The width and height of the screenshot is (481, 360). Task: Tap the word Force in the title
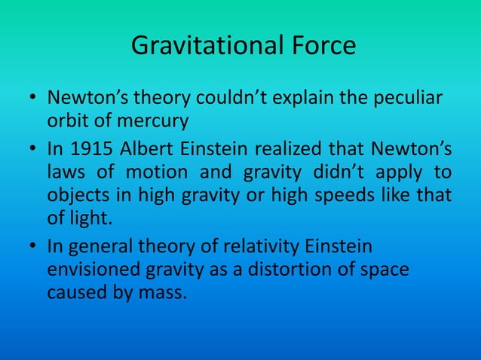point(319,47)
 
